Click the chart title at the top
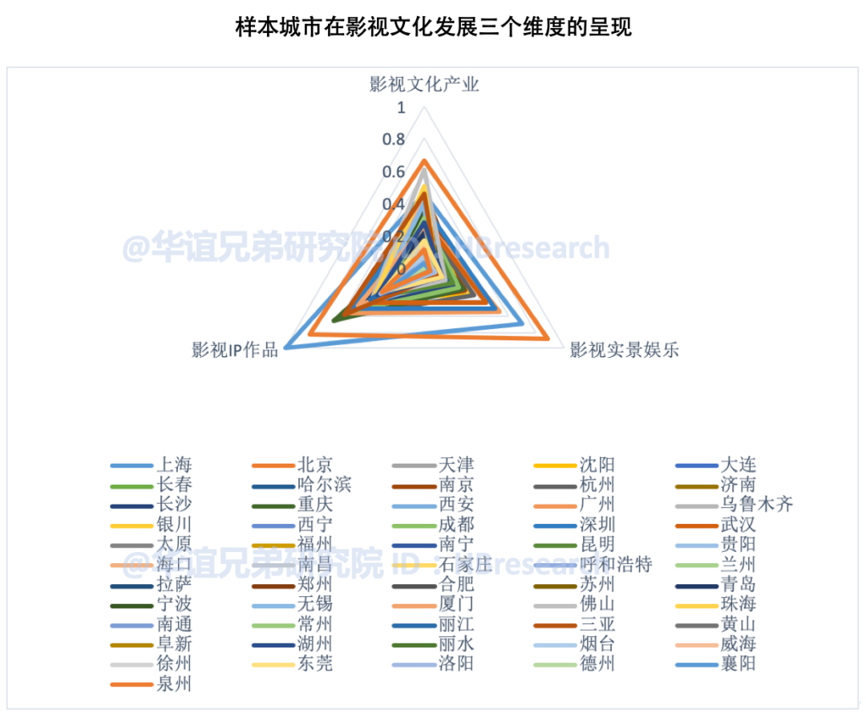point(433,28)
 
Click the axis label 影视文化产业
point(424,84)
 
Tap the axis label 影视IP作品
point(235,351)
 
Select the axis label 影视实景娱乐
point(624,351)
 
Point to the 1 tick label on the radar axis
point(401,108)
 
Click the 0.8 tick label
point(394,140)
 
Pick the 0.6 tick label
point(394,172)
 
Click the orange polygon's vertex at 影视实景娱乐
point(548,339)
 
